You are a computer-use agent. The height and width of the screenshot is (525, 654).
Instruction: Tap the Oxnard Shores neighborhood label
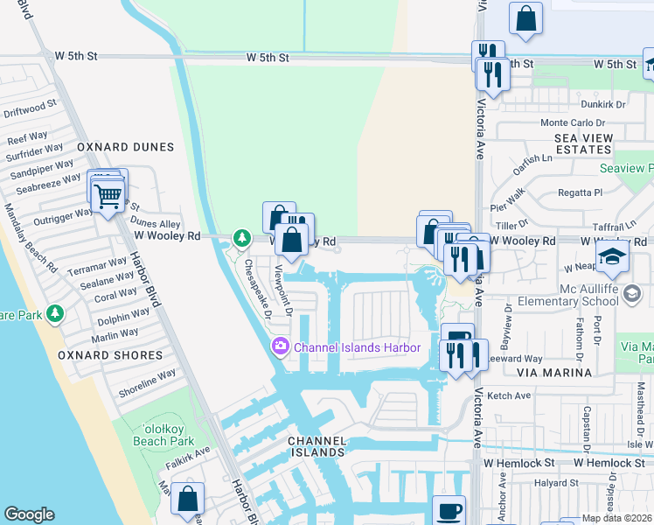(x=110, y=355)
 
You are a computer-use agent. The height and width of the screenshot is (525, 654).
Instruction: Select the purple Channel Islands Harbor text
(x=357, y=347)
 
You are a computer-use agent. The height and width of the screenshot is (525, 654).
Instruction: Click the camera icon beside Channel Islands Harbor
(x=281, y=347)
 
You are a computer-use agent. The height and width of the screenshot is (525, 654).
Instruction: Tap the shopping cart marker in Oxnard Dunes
(x=107, y=196)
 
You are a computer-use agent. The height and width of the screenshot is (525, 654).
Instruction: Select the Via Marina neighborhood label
(x=554, y=373)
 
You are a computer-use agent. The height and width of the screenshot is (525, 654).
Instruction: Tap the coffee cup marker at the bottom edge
(x=449, y=510)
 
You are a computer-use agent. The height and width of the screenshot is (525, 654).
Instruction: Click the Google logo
(x=29, y=514)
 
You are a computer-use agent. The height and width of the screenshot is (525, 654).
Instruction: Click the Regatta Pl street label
(x=581, y=192)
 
